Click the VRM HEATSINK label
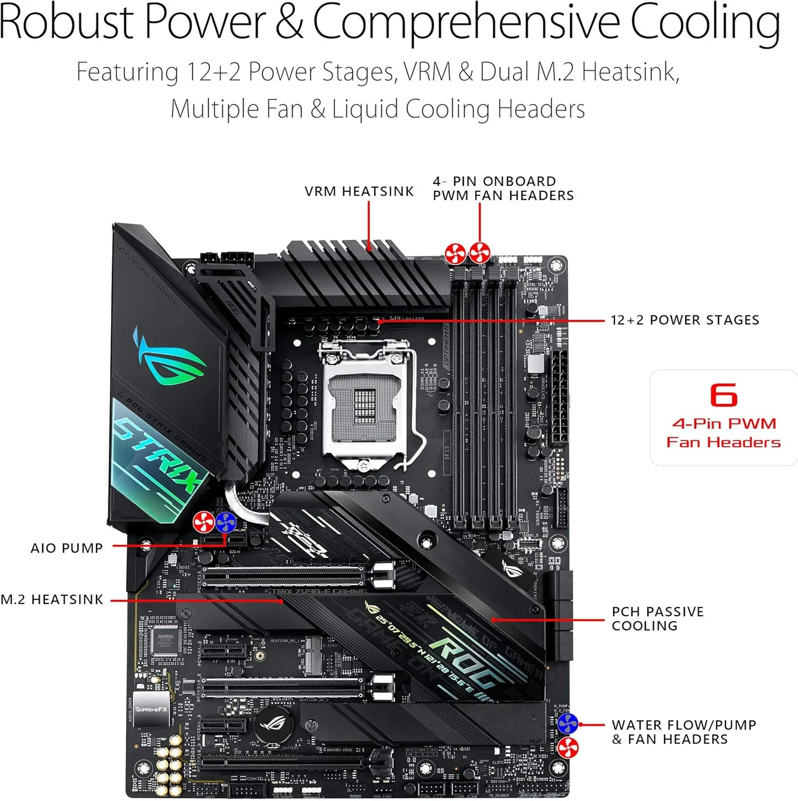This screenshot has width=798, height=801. (359, 191)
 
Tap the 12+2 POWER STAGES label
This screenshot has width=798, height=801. (684, 320)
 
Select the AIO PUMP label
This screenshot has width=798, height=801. (67, 548)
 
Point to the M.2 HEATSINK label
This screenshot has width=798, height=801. (52, 600)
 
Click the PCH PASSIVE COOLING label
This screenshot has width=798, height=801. (657, 618)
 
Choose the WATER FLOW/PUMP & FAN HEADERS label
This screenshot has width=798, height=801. (683, 732)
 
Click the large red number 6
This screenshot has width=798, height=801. (723, 395)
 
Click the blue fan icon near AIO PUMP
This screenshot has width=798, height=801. (225, 522)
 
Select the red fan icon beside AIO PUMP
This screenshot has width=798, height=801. (203, 522)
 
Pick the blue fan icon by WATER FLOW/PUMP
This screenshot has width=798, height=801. (567, 724)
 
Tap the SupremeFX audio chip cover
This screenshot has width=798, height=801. (151, 709)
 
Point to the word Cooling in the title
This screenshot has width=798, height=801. (705, 22)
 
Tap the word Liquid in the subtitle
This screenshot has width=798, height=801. (365, 109)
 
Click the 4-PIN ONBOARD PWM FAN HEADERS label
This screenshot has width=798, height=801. (503, 189)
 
